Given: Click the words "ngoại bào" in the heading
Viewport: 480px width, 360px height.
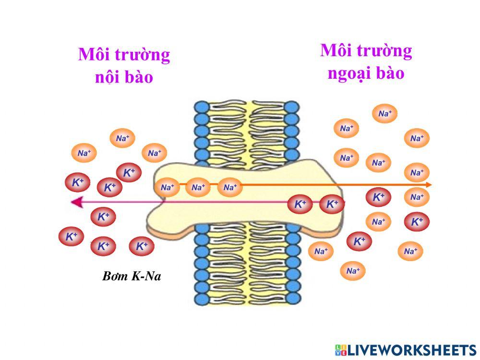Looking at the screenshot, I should click(x=366, y=73).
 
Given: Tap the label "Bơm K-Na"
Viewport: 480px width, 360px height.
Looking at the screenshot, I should click(x=130, y=276).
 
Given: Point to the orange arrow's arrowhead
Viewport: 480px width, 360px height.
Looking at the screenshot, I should click(x=428, y=185).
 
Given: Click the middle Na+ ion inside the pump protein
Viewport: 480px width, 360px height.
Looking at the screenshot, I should click(x=198, y=188).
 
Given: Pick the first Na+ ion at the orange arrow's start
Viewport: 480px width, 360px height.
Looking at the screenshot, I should click(x=167, y=188).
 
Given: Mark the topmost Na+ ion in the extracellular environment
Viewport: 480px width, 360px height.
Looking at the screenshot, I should click(x=385, y=114).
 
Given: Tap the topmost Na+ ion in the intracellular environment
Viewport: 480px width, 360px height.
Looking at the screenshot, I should click(x=122, y=139).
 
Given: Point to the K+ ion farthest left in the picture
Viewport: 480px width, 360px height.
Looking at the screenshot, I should click(x=71, y=237).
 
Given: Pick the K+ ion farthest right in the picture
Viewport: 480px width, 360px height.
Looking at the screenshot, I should click(x=417, y=222).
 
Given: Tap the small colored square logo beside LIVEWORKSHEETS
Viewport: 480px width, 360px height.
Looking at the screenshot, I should click(x=341, y=349).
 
